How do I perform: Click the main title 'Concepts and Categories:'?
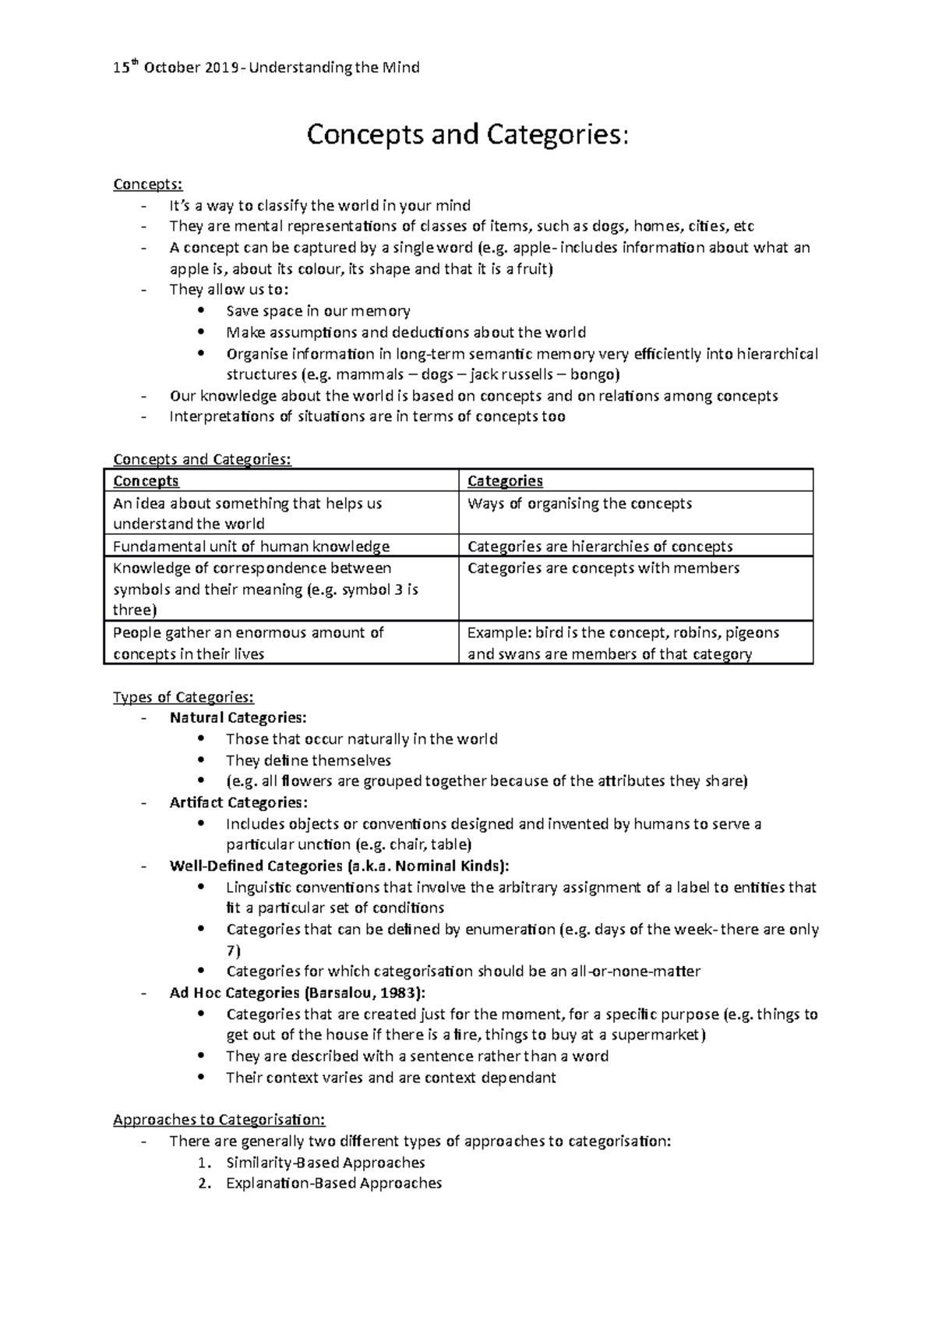pos(466,135)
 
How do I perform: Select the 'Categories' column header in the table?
pos(505,481)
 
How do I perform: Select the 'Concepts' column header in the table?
pos(146,481)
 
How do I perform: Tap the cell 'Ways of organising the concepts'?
pos(580,504)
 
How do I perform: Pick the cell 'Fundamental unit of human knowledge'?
pos(251,547)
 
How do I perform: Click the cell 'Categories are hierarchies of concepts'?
pos(600,547)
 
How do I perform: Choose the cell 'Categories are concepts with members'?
pos(603,568)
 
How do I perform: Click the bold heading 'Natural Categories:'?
pos(238,717)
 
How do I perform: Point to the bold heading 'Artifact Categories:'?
pos(238,802)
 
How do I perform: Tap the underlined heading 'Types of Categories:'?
pos(183,697)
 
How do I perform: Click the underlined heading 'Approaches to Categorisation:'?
pos(219,1120)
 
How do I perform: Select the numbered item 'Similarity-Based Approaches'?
pos(325,1163)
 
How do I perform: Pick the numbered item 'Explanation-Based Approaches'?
pos(333,1184)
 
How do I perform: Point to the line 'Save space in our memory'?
pos(318,311)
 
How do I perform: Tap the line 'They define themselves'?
pos(308,760)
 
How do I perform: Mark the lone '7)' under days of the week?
pos(233,951)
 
